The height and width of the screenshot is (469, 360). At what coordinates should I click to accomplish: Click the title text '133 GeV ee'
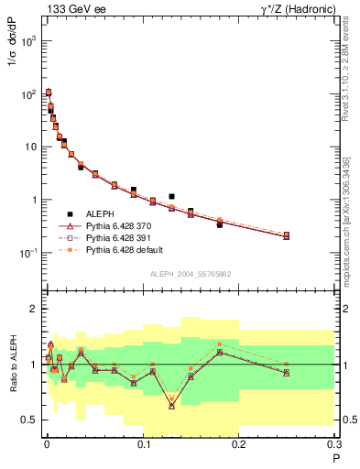click(71, 9)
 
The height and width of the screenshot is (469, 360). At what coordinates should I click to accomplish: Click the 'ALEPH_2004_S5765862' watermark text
click(191, 274)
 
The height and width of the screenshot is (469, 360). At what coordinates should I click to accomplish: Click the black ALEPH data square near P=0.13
click(171, 196)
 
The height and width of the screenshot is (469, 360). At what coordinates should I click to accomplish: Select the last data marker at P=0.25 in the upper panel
click(287, 235)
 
